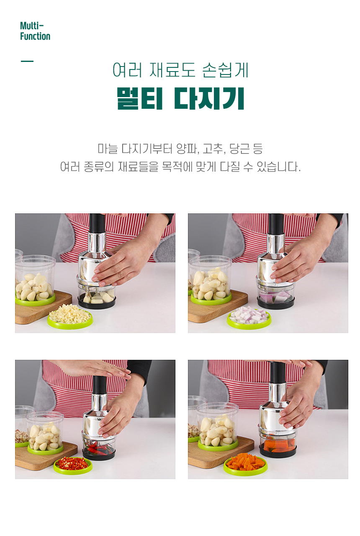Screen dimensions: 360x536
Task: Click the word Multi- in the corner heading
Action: [x=32, y=26]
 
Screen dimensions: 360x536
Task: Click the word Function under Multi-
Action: [x=35, y=36]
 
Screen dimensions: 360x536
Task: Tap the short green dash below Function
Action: [x=27, y=61]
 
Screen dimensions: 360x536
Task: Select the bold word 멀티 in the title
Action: [x=140, y=98]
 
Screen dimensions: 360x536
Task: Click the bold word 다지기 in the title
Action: [x=209, y=98]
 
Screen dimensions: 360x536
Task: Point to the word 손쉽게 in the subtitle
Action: [x=225, y=70]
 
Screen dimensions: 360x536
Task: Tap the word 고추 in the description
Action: [x=213, y=149]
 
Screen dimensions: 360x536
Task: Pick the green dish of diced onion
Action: [x=249, y=318]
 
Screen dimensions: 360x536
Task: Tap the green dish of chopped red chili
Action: [x=72, y=465]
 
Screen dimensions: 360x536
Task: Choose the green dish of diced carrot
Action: [x=245, y=463]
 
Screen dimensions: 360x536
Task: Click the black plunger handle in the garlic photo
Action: [x=97, y=223]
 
